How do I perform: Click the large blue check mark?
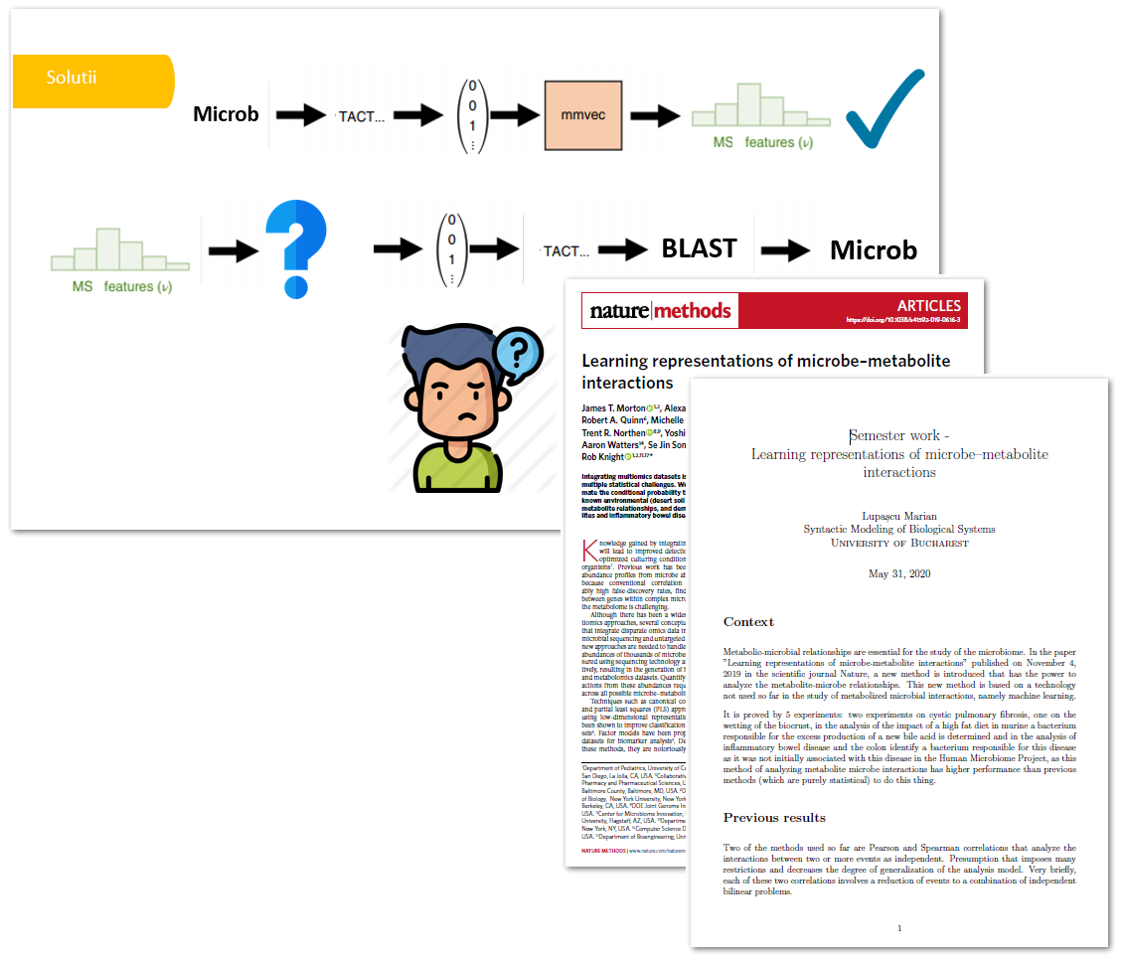(x=884, y=111)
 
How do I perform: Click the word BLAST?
(x=700, y=248)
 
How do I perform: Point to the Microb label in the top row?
(x=226, y=114)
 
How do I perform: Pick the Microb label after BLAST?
(x=874, y=250)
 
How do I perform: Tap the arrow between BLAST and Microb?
(x=785, y=250)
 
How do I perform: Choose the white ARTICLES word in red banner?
(x=928, y=305)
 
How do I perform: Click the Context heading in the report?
(x=748, y=622)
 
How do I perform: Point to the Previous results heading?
(x=774, y=818)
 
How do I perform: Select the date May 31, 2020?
(x=898, y=573)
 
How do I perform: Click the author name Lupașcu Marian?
(x=898, y=514)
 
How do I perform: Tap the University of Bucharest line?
(x=898, y=543)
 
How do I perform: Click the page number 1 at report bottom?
(x=898, y=928)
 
